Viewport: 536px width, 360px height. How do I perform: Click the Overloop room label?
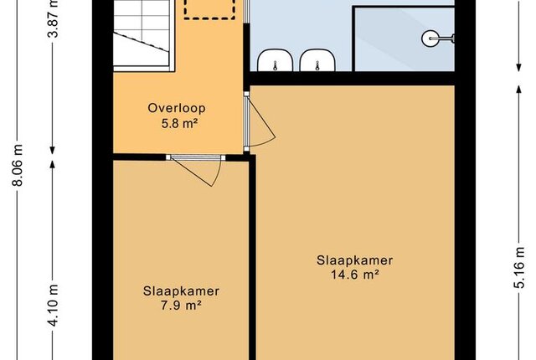(177, 108)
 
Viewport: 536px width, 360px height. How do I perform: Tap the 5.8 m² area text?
(180, 123)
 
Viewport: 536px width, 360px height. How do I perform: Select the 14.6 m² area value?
(355, 275)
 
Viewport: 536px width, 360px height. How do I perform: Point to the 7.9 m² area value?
(181, 306)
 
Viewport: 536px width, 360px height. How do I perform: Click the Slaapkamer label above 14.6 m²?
(355, 260)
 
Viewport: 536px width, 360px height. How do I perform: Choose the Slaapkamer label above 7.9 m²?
(181, 291)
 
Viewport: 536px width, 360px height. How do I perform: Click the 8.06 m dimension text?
(18, 165)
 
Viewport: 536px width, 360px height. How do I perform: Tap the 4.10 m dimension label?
(54, 306)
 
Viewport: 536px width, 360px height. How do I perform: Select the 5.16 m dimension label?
(519, 267)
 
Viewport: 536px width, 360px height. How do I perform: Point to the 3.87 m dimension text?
(54, 18)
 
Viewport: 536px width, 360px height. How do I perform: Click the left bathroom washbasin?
(276, 60)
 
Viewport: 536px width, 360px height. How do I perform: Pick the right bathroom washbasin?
(317, 60)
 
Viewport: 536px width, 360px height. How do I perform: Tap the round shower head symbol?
(430, 39)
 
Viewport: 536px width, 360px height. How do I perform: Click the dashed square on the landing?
(209, 9)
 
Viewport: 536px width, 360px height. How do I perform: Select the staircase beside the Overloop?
(142, 35)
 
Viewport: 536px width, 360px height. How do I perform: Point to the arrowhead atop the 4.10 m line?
(52, 165)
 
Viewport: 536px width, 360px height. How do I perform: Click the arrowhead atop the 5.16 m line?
(518, 89)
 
